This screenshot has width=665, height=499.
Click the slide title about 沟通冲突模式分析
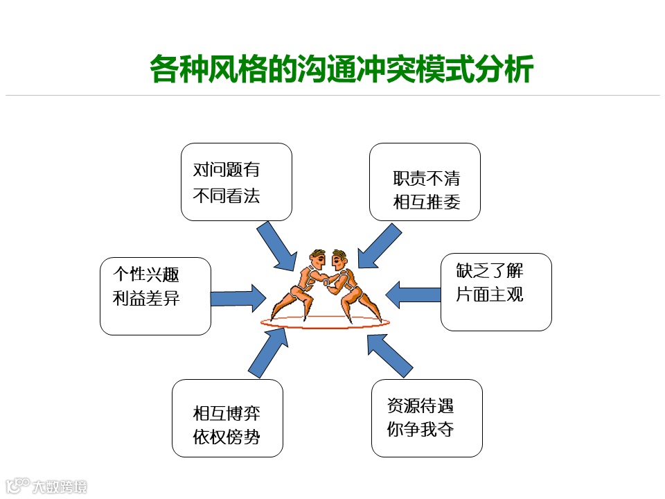tap(342, 71)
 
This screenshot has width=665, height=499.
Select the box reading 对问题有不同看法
tap(236, 182)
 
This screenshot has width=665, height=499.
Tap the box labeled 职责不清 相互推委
tap(425, 182)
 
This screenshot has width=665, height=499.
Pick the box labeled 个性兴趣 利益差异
tap(155, 296)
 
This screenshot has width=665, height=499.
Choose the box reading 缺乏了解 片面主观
tap(496, 291)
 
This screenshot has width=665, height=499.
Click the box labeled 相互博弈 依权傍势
tap(227, 418)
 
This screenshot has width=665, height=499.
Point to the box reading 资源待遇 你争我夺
tap(427, 418)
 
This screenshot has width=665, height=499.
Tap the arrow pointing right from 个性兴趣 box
tap(238, 298)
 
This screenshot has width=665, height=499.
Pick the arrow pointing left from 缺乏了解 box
tap(413, 294)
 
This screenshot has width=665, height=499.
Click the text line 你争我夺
tap(420, 429)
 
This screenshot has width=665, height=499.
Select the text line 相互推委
tap(427, 202)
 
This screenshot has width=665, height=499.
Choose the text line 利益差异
tap(146, 298)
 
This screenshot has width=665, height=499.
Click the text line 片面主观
tap(489, 295)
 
